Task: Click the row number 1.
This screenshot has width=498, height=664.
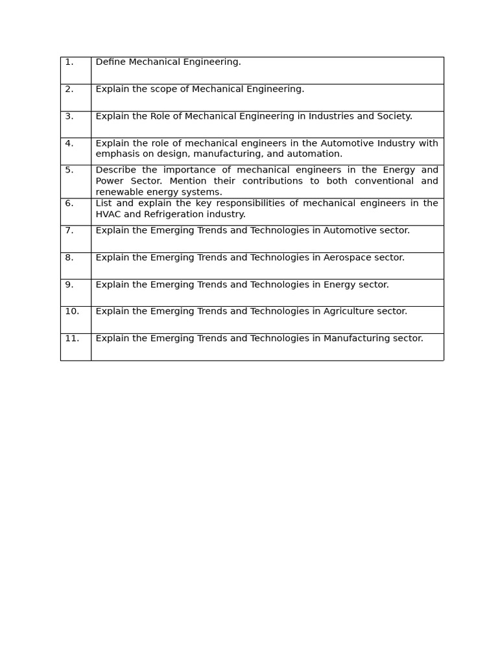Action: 69,62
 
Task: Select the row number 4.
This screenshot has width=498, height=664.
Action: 69,143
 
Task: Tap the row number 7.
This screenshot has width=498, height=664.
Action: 69,230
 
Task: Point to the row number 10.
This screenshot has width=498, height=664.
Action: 71,311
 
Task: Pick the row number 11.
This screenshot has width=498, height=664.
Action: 71,338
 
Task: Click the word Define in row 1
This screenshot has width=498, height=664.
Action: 110,62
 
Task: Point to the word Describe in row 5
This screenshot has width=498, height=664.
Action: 115,171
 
